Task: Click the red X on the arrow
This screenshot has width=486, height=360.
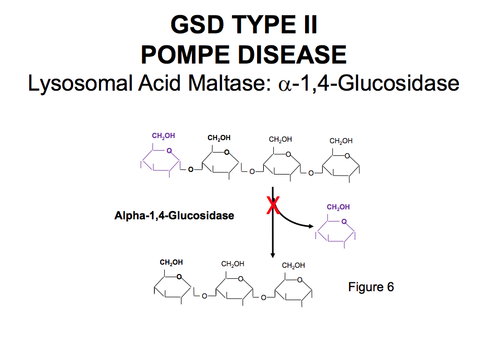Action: tap(272, 205)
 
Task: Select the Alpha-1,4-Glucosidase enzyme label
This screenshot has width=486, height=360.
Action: tap(174, 215)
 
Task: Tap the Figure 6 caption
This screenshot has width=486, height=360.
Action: tap(371, 287)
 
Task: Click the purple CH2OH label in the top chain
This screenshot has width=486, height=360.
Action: tap(163, 136)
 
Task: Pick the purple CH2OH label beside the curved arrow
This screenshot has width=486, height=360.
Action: tap(338, 207)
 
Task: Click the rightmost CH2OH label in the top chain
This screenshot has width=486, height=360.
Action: tap(341, 141)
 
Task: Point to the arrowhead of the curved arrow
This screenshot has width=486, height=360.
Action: tap(312, 227)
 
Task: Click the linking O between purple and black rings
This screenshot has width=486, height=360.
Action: tap(190, 169)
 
